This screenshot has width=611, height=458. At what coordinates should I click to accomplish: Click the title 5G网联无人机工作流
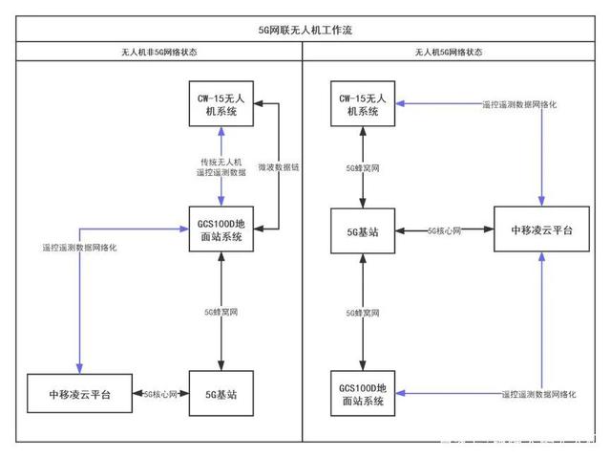pos(305,30)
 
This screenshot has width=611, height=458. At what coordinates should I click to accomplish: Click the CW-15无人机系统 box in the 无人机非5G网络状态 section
pos(220,106)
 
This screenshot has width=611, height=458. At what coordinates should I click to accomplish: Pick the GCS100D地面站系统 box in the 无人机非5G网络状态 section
pos(220,230)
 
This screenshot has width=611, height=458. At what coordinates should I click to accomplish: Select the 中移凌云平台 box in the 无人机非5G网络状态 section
pos(79,394)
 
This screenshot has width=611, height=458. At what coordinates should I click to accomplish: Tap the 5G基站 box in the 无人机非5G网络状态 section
pos(220,394)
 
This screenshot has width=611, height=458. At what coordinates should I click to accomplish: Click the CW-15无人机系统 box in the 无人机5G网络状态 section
pos(361,106)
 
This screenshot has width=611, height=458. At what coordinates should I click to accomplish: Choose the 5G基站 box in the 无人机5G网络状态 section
pos(362,230)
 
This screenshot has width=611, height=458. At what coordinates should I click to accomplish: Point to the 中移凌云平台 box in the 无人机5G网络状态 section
pos(541,230)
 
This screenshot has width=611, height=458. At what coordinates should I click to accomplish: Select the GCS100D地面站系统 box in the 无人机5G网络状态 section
pos(362,394)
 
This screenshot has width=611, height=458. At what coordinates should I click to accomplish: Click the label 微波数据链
pos(279,168)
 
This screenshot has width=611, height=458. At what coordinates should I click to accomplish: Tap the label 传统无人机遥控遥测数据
pos(221,167)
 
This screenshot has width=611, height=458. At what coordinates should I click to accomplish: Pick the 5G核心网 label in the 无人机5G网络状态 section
pos(445,230)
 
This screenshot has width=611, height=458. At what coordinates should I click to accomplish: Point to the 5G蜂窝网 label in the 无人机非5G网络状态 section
pos(221,312)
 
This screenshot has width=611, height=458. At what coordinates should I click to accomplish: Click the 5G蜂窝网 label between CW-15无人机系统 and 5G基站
pos(362,167)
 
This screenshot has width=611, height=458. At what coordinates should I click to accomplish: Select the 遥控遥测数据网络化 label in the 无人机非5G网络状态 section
pos(79,248)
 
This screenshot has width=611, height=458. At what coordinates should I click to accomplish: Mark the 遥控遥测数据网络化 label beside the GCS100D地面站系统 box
pos(541,394)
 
